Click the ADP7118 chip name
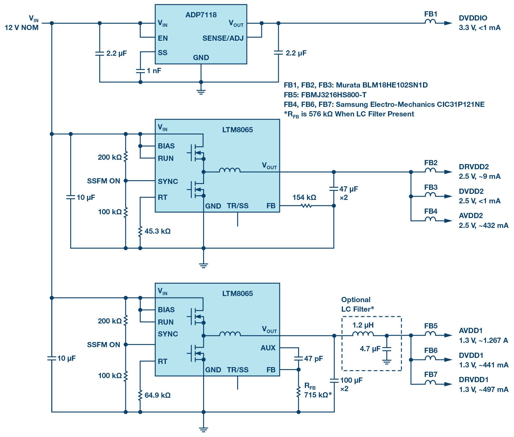(201, 15)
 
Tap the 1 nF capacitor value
(154, 70)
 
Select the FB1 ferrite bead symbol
(430, 22)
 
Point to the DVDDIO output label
(473, 18)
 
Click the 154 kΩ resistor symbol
(306, 206)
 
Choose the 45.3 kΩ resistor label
(157, 231)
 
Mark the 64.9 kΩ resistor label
(157, 395)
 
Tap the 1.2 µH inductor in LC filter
(363, 334)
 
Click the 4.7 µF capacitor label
(370, 349)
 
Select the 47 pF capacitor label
(313, 358)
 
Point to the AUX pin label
(268, 348)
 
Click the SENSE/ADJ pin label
(223, 38)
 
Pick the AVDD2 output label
(471, 215)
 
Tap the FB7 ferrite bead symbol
(430, 382)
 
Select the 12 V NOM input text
(21, 28)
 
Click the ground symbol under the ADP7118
(201, 92)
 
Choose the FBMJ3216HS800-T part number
(334, 95)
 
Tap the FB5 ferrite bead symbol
(430, 334)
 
